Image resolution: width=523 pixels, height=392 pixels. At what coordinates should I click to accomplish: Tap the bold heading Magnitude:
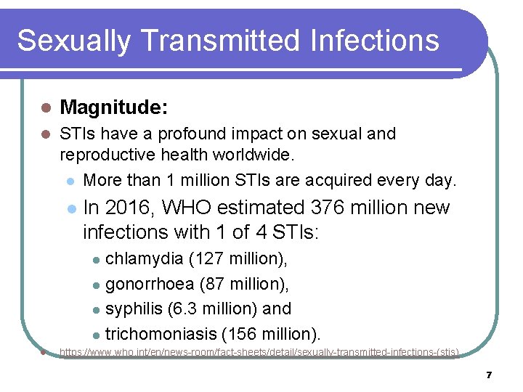[x=114, y=108]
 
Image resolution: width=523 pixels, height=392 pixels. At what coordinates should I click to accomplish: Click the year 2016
[x=130, y=208]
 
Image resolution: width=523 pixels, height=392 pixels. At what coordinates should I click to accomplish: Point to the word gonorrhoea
[x=150, y=284]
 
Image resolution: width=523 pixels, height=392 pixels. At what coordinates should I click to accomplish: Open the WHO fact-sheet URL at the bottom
[x=259, y=352]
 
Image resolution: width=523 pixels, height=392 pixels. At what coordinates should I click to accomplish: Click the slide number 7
[x=489, y=375]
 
